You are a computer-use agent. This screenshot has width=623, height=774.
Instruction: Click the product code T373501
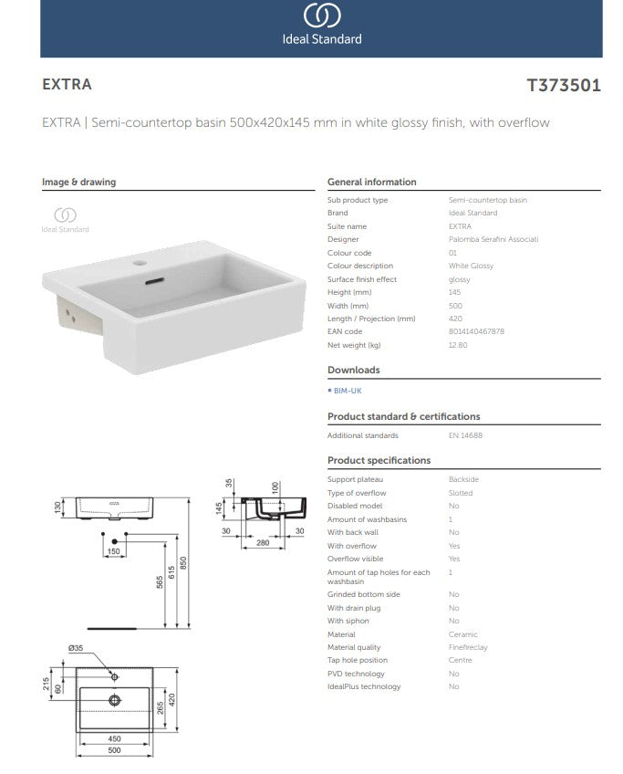[564, 85]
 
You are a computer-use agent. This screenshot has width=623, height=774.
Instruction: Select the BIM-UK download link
[347, 390]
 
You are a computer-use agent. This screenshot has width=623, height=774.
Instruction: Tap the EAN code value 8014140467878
[476, 332]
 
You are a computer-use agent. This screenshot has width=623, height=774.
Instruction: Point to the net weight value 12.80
[458, 345]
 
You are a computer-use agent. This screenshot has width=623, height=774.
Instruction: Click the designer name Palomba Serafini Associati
[493, 239]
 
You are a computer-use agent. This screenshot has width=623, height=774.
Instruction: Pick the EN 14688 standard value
[465, 436]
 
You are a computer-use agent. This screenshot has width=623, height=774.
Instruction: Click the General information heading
[371, 182]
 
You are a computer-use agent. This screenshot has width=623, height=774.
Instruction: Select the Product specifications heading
[379, 461]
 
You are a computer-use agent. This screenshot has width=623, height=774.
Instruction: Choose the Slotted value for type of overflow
[461, 493]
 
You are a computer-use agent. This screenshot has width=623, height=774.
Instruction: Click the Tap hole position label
[357, 660]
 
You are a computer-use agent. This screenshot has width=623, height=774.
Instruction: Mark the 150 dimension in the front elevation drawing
[115, 551]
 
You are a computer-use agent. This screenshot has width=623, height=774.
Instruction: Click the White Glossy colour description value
[471, 266]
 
